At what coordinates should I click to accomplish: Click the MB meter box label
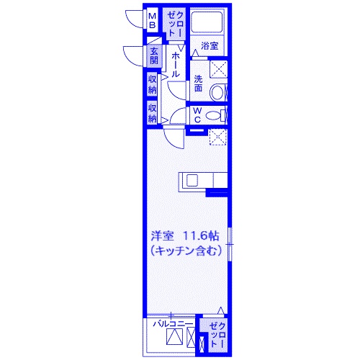[x=153, y=21]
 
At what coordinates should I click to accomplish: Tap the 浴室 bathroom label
[x=210, y=45]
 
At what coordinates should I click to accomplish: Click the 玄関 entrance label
[x=154, y=56]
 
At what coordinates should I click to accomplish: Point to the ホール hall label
[x=176, y=65]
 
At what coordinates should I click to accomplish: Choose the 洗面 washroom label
[x=198, y=84]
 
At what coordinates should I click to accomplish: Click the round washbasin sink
[x=217, y=92]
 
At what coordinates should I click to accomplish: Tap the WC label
[x=197, y=115]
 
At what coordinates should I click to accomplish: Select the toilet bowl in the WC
[x=213, y=116]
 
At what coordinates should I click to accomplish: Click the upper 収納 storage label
[x=152, y=84]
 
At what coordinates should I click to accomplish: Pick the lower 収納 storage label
[x=152, y=113]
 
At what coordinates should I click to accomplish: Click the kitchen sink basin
[x=192, y=180]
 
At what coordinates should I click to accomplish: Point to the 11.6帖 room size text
[x=201, y=235]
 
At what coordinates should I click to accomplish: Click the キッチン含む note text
[x=186, y=251]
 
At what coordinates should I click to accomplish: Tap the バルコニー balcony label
[x=173, y=324]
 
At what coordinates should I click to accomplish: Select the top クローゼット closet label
[x=176, y=24]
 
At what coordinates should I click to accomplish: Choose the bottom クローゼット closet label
[x=217, y=335]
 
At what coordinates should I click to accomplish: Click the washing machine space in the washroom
[x=218, y=69]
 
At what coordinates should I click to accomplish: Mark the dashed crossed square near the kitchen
[x=218, y=137]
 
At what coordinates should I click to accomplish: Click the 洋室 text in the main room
[x=162, y=235]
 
